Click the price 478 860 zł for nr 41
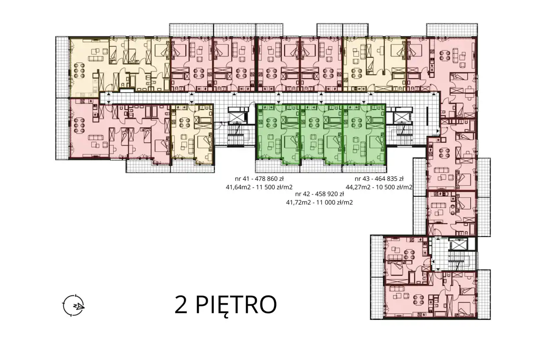(x=268, y=179)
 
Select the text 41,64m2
(x=237, y=187)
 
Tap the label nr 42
(x=303, y=194)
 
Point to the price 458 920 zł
(x=328, y=194)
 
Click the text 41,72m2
(x=298, y=202)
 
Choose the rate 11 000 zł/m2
(x=334, y=202)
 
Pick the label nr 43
(x=362, y=179)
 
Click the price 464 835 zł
(x=387, y=179)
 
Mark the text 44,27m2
(x=358, y=187)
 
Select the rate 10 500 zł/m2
(x=393, y=187)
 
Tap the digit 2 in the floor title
(x=181, y=305)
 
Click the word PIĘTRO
(x=236, y=306)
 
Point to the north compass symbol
(x=74, y=305)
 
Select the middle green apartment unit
(x=321, y=135)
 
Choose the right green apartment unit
(x=364, y=135)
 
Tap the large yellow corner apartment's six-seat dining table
(x=79, y=70)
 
